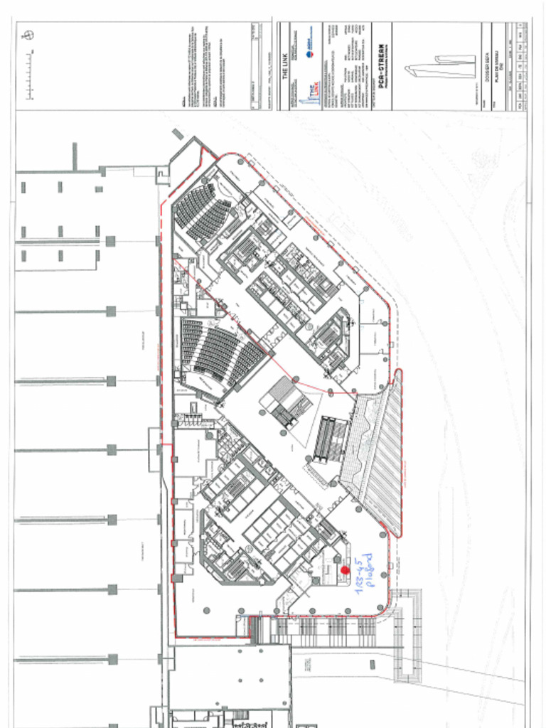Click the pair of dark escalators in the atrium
(331, 439)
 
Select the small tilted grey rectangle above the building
(178, 134)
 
